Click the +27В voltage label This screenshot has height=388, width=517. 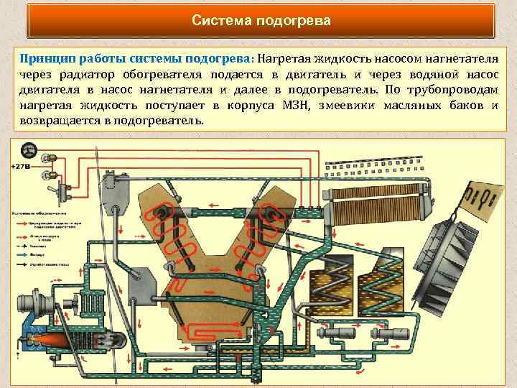pyautogui.click(x=21, y=167)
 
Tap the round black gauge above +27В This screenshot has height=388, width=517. pyautogui.click(x=29, y=150)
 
